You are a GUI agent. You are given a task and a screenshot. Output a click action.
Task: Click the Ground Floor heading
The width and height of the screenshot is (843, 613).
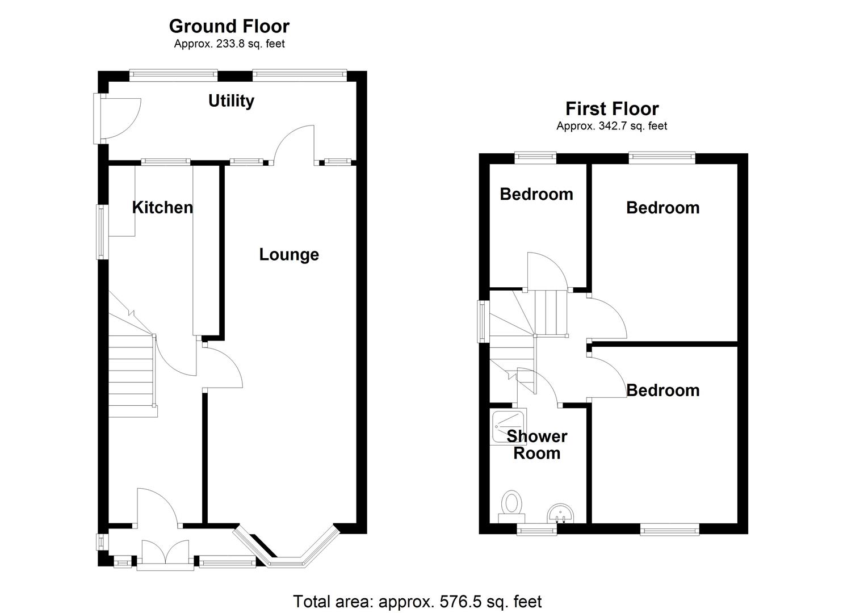[229, 26]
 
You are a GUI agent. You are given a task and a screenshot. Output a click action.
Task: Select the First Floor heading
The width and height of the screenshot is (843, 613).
[611, 108]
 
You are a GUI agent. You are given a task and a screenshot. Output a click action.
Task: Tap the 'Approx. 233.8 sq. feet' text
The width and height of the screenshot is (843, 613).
[229, 44]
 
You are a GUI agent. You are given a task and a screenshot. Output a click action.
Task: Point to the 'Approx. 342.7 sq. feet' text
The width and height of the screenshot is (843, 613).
[611, 126]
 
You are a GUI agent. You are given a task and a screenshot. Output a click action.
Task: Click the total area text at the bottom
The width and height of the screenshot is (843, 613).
[417, 601]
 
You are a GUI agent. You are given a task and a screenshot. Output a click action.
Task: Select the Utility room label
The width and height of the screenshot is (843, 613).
[231, 100]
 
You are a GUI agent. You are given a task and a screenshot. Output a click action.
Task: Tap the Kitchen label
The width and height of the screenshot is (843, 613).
[162, 207]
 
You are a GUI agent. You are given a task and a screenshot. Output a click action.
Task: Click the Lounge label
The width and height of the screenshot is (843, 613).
[289, 254]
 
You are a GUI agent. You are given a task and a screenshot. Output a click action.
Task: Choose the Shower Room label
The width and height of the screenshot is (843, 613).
[536, 444]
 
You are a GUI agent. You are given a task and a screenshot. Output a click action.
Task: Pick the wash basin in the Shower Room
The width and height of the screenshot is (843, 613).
[561, 514]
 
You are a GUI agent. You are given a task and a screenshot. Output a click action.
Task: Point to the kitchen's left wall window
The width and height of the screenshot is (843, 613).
[102, 232]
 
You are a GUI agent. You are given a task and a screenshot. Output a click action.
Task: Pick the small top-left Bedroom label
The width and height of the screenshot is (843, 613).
[536, 194]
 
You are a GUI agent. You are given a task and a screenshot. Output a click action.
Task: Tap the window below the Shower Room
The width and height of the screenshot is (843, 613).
[536, 530]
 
